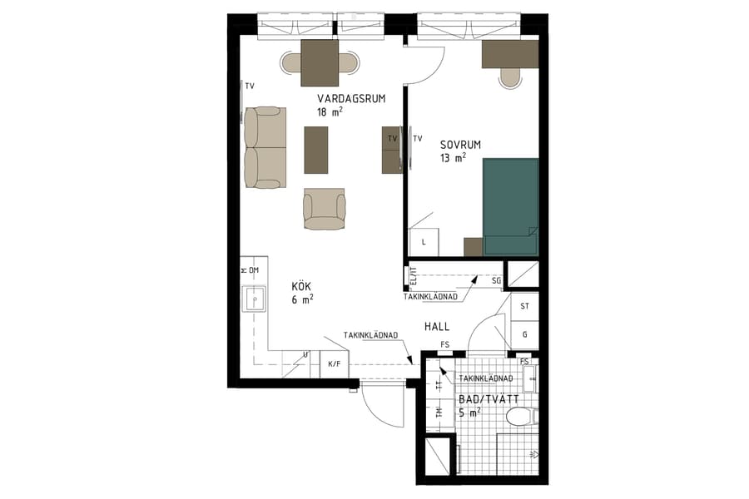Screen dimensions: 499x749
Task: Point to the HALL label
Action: click(x=437, y=327)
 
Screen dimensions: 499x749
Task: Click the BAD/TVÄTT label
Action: click(x=489, y=399)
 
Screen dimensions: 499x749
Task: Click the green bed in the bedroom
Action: click(x=511, y=206)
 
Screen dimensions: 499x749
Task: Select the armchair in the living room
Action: click(x=324, y=209)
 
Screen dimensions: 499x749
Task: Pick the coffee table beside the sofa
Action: click(x=316, y=150)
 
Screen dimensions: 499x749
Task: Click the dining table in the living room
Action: click(x=320, y=62)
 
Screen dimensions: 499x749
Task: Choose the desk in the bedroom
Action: click(x=510, y=54)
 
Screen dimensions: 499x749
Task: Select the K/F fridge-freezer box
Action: click(x=335, y=363)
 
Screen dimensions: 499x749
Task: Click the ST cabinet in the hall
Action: click(x=524, y=306)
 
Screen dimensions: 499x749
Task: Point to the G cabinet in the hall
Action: click(x=524, y=333)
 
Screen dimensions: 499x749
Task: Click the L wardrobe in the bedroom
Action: click(x=424, y=242)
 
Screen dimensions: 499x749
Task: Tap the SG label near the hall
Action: click(x=496, y=281)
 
